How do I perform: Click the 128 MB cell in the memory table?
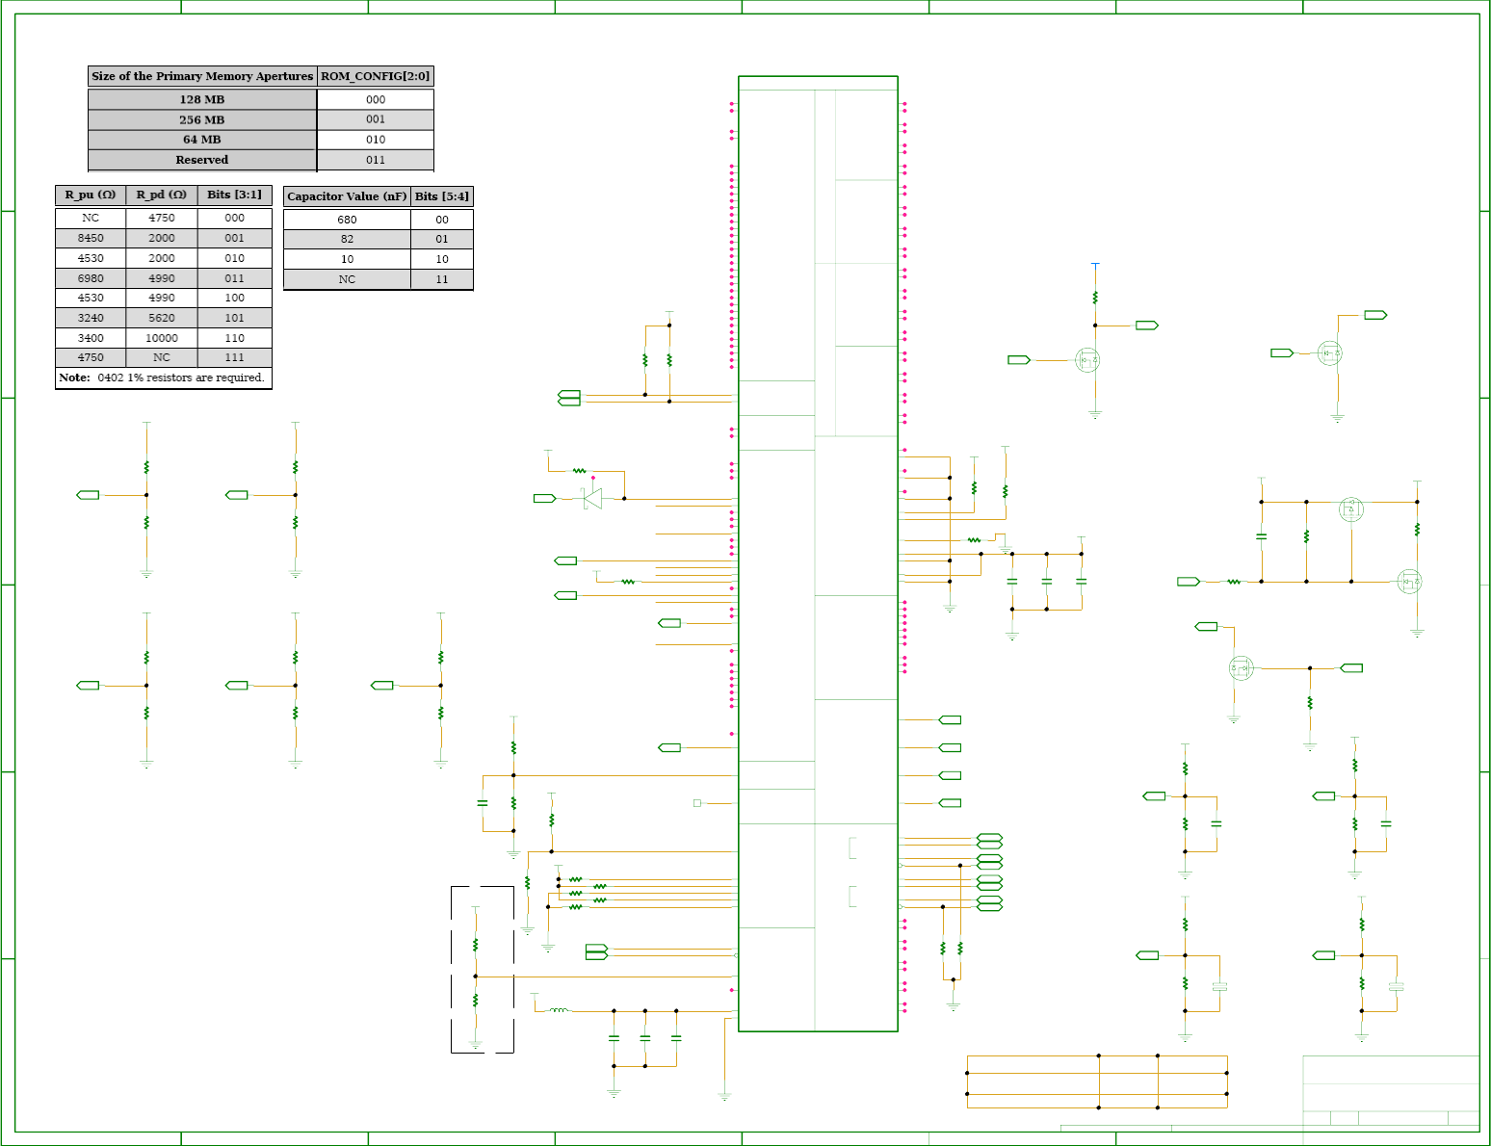(x=201, y=99)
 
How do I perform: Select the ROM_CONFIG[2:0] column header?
(x=376, y=76)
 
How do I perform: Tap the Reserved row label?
(x=201, y=160)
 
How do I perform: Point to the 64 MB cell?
(x=201, y=140)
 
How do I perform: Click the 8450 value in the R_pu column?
(x=91, y=238)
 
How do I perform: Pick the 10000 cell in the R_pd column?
(x=161, y=338)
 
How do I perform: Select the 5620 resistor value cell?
(x=161, y=318)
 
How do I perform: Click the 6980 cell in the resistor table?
(x=91, y=278)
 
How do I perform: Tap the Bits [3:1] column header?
(x=235, y=195)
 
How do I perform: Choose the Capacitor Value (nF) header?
(x=347, y=196)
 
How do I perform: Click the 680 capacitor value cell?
(x=347, y=220)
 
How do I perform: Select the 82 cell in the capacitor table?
(x=347, y=240)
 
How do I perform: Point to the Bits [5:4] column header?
(x=442, y=196)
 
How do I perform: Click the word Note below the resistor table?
(x=74, y=378)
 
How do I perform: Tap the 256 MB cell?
(x=201, y=119)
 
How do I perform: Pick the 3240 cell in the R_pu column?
(x=91, y=318)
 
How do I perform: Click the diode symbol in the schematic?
(x=592, y=499)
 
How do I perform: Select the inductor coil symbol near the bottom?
(x=560, y=1009)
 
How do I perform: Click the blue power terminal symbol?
(x=1095, y=266)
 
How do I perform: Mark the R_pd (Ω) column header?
(x=161, y=195)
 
